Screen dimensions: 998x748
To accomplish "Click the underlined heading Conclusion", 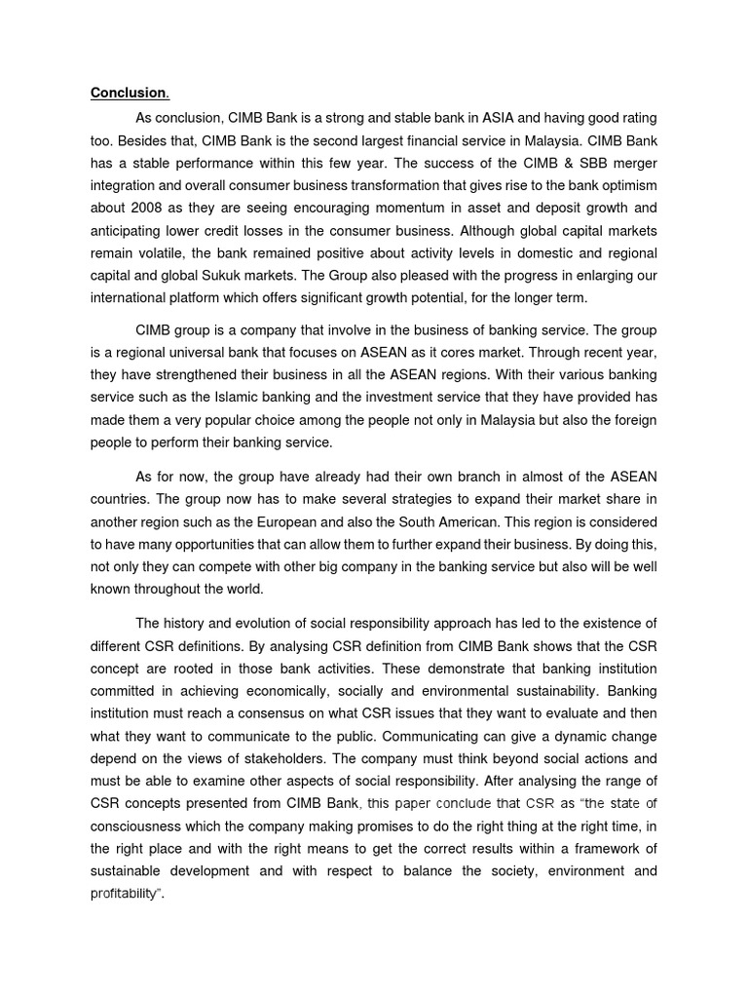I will pos(129,94).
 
